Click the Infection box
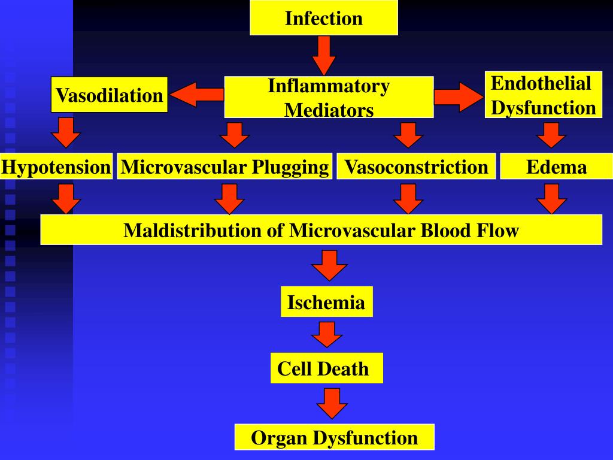pyautogui.click(x=323, y=18)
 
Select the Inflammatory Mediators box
pyautogui.click(x=329, y=97)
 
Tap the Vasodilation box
pyautogui.click(x=109, y=95)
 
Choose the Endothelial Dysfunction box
pyautogui.click(x=543, y=95)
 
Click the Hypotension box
pyautogui.click(x=56, y=167)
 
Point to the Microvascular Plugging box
pyautogui.click(x=224, y=167)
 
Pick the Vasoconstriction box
pyautogui.click(x=417, y=167)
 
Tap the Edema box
pyautogui.click(x=556, y=167)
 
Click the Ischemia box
pyautogui.click(x=326, y=302)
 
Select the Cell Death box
pyautogui.click(x=323, y=368)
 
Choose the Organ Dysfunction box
pyautogui.click(x=334, y=437)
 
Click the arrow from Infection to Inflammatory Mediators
pyautogui.click(x=324, y=55)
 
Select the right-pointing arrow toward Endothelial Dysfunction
pyautogui.click(x=458, y=96)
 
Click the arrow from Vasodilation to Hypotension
pyautogui.click(x=66, y=132)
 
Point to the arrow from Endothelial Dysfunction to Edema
pyautogui.click(x=551, y=135)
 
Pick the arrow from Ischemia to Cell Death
pyautogui.click(x=327, y=334)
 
